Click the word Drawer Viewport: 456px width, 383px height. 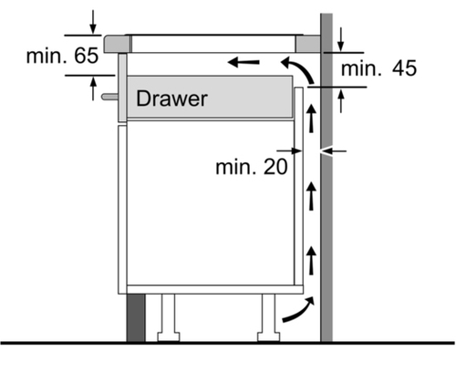(x=171, y=98)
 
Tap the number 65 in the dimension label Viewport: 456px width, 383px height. (x=87, y=56)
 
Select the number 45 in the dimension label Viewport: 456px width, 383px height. (x=404, y=68)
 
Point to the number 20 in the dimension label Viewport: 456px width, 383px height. (x=275, y=167)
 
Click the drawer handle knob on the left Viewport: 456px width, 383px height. (x=110, y=97)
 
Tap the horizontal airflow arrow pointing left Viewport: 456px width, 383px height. (x=244, y=62)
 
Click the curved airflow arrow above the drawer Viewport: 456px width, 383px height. (x=297, y=69)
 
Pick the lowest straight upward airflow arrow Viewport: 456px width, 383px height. (x=311, y=261)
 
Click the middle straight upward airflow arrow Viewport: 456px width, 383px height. (x=311, y=195)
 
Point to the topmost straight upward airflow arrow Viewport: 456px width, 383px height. (x=311, y=119)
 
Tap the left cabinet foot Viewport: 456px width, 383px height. (x=169, y=317)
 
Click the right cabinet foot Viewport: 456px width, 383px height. (x=269, y=317)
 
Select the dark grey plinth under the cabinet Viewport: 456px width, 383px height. (x=136, y=318)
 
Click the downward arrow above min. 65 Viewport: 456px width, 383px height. (x=93, y=22)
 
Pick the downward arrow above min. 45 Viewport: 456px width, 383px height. (x=341, y=39)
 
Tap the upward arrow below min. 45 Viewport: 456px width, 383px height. (x=341, y=101)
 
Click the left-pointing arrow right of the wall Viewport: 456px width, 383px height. (x=334, y=150)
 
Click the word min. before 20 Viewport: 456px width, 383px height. (x=235, y=167)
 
